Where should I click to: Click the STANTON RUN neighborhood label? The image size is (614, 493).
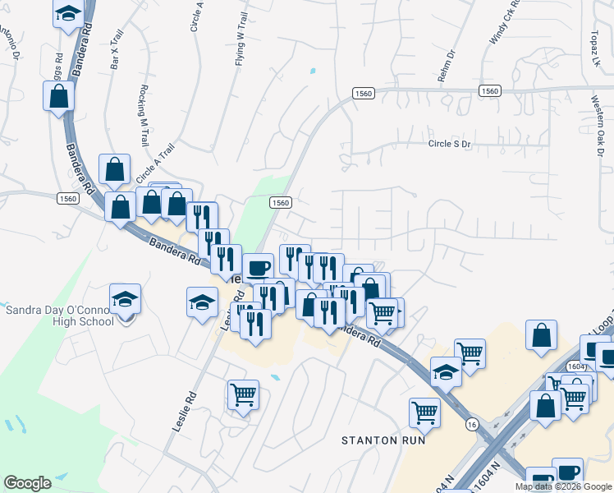tap(383, 440)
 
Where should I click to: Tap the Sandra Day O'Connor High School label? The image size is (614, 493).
tap(60, 316)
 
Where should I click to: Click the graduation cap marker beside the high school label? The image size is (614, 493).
tap(125, 298)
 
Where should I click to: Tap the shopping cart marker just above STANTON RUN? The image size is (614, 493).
tap(424, 412)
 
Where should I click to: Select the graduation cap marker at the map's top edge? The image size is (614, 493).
tap(68, 12)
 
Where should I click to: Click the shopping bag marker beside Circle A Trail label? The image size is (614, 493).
tap(115, 169)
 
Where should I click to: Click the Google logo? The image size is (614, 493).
tap(27, 483)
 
